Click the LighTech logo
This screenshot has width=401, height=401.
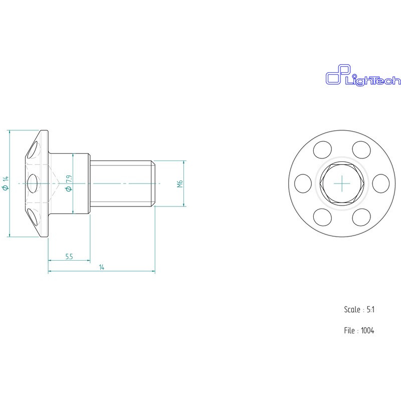pyautogui.click(x=363, y=77)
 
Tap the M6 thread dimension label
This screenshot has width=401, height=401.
pyautogui.click(x=179, y=184)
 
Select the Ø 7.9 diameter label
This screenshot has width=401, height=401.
pyautogui.click(x=68, y=183)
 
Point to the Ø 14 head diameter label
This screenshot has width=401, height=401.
pyautogui.click(x=5, y=183)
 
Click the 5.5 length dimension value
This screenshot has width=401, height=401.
pyautogui.click(x=69, y=257)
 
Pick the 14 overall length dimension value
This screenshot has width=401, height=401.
pyautogui.click(x=101, y=268)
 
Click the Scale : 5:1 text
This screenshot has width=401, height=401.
pyautogui.click(x=359, y=310)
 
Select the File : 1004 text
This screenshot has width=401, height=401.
pyautogui.click(x=359, y=330)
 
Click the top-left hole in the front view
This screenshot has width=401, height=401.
pyautogui.click(x=322, y=149)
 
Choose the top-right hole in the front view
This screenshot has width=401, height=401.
pyautogui.click(x=361, y=149)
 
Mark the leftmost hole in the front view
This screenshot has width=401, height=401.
pyautogui.click(x=303, y=183)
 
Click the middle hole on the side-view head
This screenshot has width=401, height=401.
pyautogui.click(x=34, y=183)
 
